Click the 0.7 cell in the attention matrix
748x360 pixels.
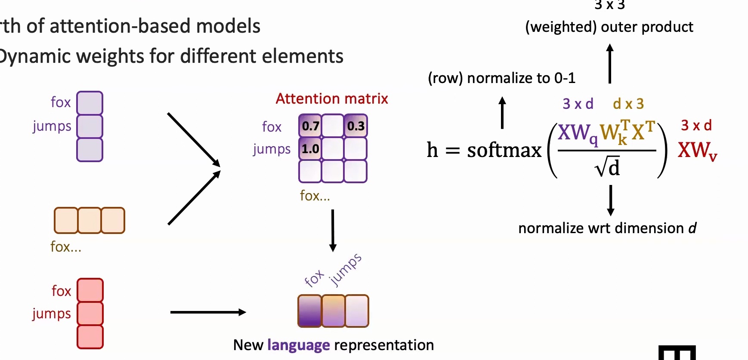310,126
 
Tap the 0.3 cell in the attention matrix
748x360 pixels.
355,126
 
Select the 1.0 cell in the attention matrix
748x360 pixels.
310,149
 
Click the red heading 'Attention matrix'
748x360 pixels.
331,99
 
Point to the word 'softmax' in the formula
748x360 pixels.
504,150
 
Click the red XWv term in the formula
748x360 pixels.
697,151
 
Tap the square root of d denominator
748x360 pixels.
607,167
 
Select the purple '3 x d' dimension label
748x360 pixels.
578,104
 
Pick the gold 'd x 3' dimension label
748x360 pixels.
628,104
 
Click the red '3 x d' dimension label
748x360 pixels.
696,125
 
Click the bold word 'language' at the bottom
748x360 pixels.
298,345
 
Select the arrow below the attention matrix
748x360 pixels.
333,230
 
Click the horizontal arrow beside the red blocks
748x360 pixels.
208,312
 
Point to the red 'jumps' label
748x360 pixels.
52,314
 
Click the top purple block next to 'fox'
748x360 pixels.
90,103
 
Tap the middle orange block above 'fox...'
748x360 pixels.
90,220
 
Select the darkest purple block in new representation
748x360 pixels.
310,311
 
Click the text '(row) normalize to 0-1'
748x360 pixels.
501,78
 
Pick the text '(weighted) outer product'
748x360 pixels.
609,27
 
